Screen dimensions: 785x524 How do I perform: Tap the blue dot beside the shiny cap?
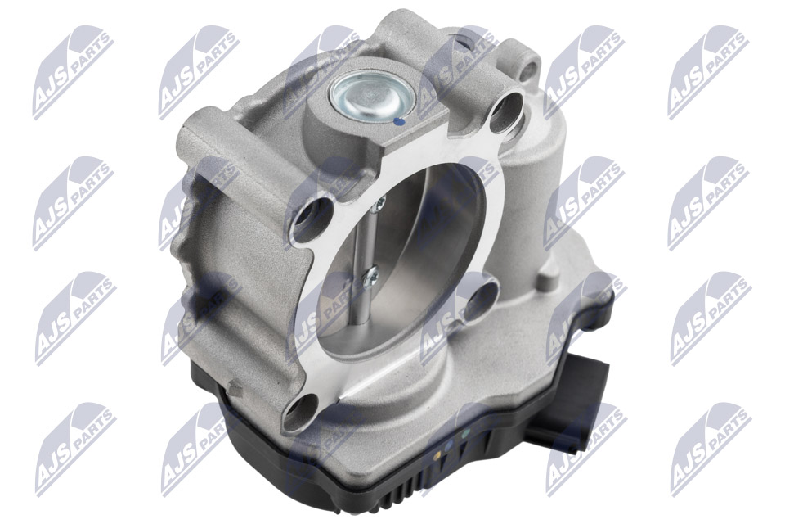[x=398, y=121]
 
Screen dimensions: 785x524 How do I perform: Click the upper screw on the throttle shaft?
[x=379, y=201]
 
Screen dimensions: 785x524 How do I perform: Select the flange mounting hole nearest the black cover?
[x=302, y=413]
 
